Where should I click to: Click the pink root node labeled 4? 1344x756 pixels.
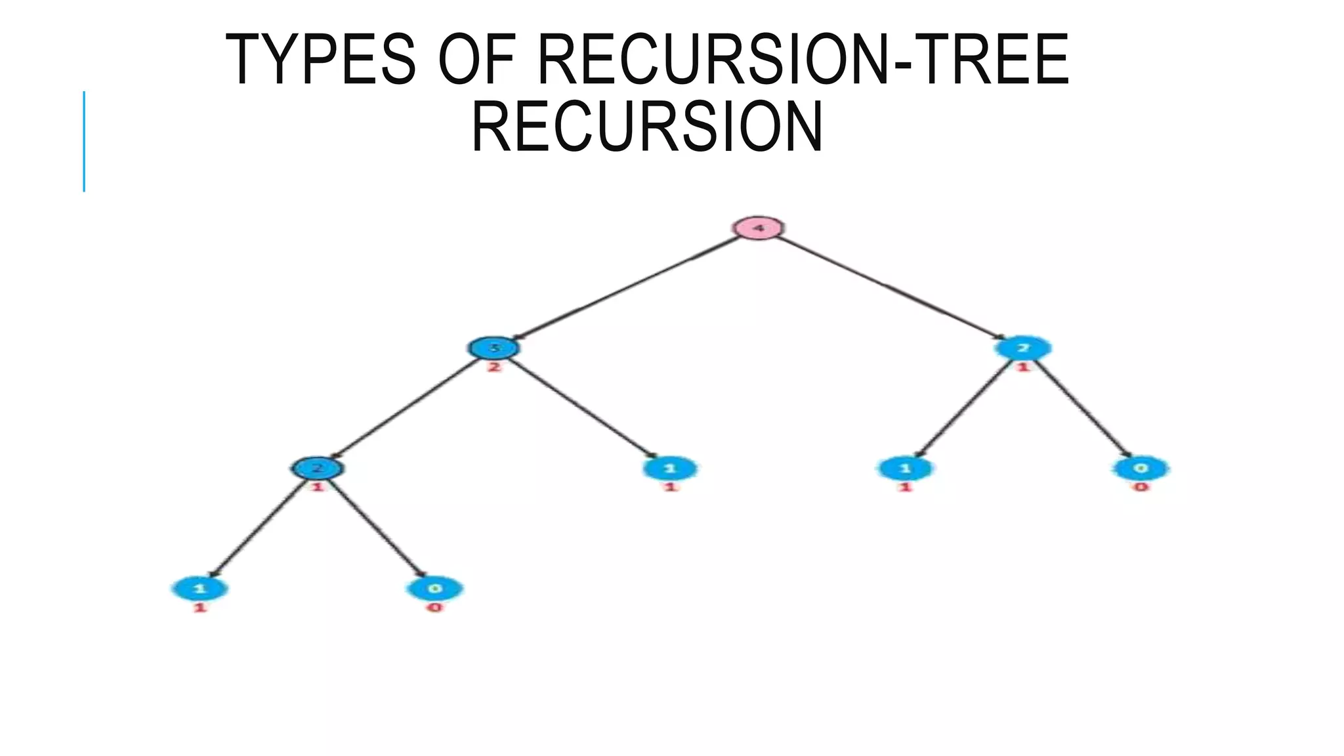point(758,228)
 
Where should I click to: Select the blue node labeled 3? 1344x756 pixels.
point(494,348)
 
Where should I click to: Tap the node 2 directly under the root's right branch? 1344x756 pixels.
point(1022,348)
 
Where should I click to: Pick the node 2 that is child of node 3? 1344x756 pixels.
point(317,468)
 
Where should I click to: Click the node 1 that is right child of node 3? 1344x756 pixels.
point(670,469)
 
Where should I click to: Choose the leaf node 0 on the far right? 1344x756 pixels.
point(1141,468)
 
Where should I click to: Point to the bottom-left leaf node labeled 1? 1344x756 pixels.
point(200,588)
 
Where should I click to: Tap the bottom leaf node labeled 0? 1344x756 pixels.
point(435,588)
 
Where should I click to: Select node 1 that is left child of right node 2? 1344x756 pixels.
point(905,469)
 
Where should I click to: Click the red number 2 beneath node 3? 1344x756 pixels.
point(494,367)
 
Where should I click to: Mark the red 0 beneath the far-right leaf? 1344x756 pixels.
point(1141,487)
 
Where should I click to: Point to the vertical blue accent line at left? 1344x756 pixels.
point(84,141)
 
